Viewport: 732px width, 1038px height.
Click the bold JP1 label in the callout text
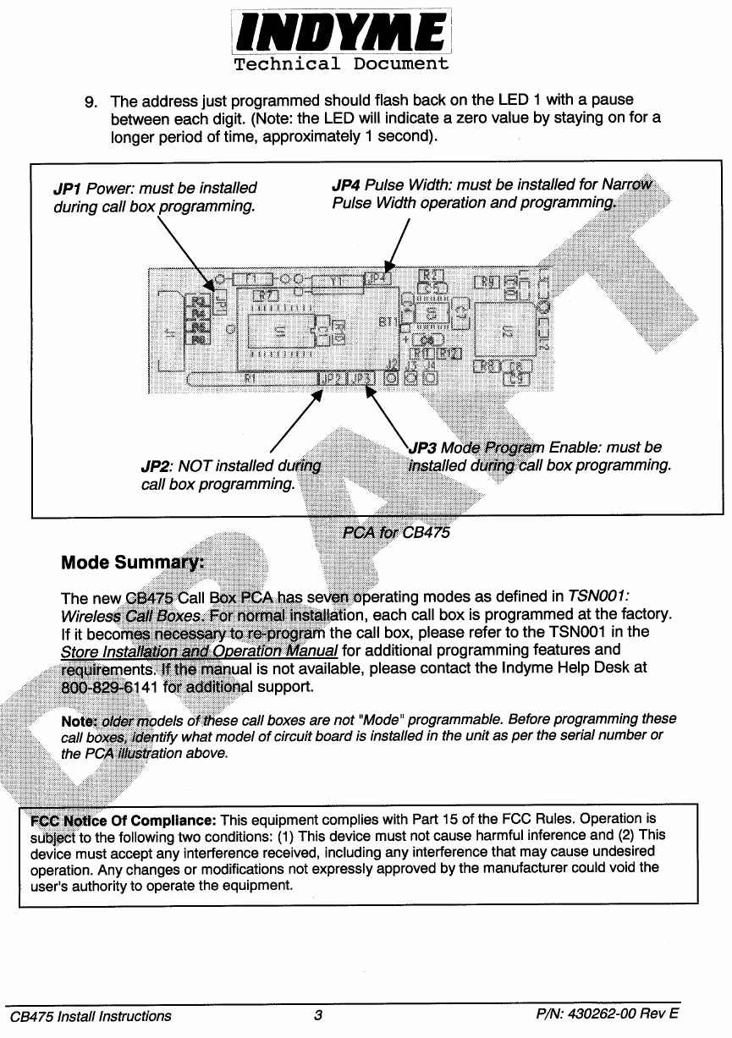point(68,188)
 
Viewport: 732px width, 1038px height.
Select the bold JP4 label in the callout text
point(345,185)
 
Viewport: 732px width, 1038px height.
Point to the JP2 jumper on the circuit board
point(333,377)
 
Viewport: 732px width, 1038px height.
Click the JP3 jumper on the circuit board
point(361,377)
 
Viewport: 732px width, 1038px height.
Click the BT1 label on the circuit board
point(388,322)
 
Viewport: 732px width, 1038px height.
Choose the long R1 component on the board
point(250,378)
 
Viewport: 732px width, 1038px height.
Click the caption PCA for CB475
point(396,533)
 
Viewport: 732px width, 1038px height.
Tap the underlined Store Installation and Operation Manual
point(199,651)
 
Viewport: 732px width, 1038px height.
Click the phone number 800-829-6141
point(110,687)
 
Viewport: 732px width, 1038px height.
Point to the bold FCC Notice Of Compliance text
point(124,820)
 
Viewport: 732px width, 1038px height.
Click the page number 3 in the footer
point(318,1016)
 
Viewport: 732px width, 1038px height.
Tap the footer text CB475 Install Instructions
point(91,1016)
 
